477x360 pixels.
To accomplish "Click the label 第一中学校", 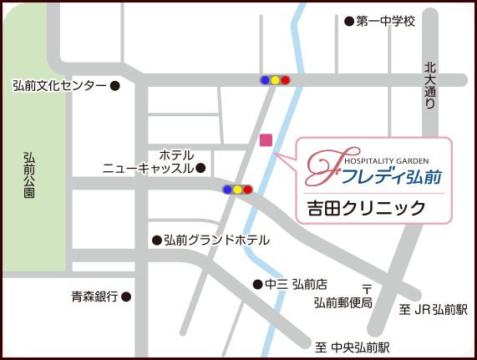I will click(386, 21).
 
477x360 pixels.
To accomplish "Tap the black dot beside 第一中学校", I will click(349, 21).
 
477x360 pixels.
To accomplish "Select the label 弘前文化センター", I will click(59, 85).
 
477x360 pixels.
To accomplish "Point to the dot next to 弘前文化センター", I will click(115, 85).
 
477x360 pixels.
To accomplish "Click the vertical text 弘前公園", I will click(29, 175).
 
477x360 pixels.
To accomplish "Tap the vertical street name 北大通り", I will click(430, 86).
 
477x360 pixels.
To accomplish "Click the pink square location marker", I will click(266, 139).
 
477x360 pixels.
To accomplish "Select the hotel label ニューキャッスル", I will click(148, 168).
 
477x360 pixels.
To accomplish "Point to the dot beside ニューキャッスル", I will click(200, 168).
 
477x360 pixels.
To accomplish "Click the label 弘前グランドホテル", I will click(216, 241).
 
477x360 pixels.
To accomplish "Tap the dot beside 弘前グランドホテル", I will click(156, 241).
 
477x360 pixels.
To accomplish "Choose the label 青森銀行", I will click(94, 297).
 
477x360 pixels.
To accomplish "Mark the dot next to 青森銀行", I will click(126, 297).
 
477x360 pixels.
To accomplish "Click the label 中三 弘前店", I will click(296, 284).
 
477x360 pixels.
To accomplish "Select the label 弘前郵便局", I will click(343, 302).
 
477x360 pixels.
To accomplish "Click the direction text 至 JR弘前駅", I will click(434, 310).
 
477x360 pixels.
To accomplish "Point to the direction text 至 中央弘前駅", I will click(353, 347).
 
